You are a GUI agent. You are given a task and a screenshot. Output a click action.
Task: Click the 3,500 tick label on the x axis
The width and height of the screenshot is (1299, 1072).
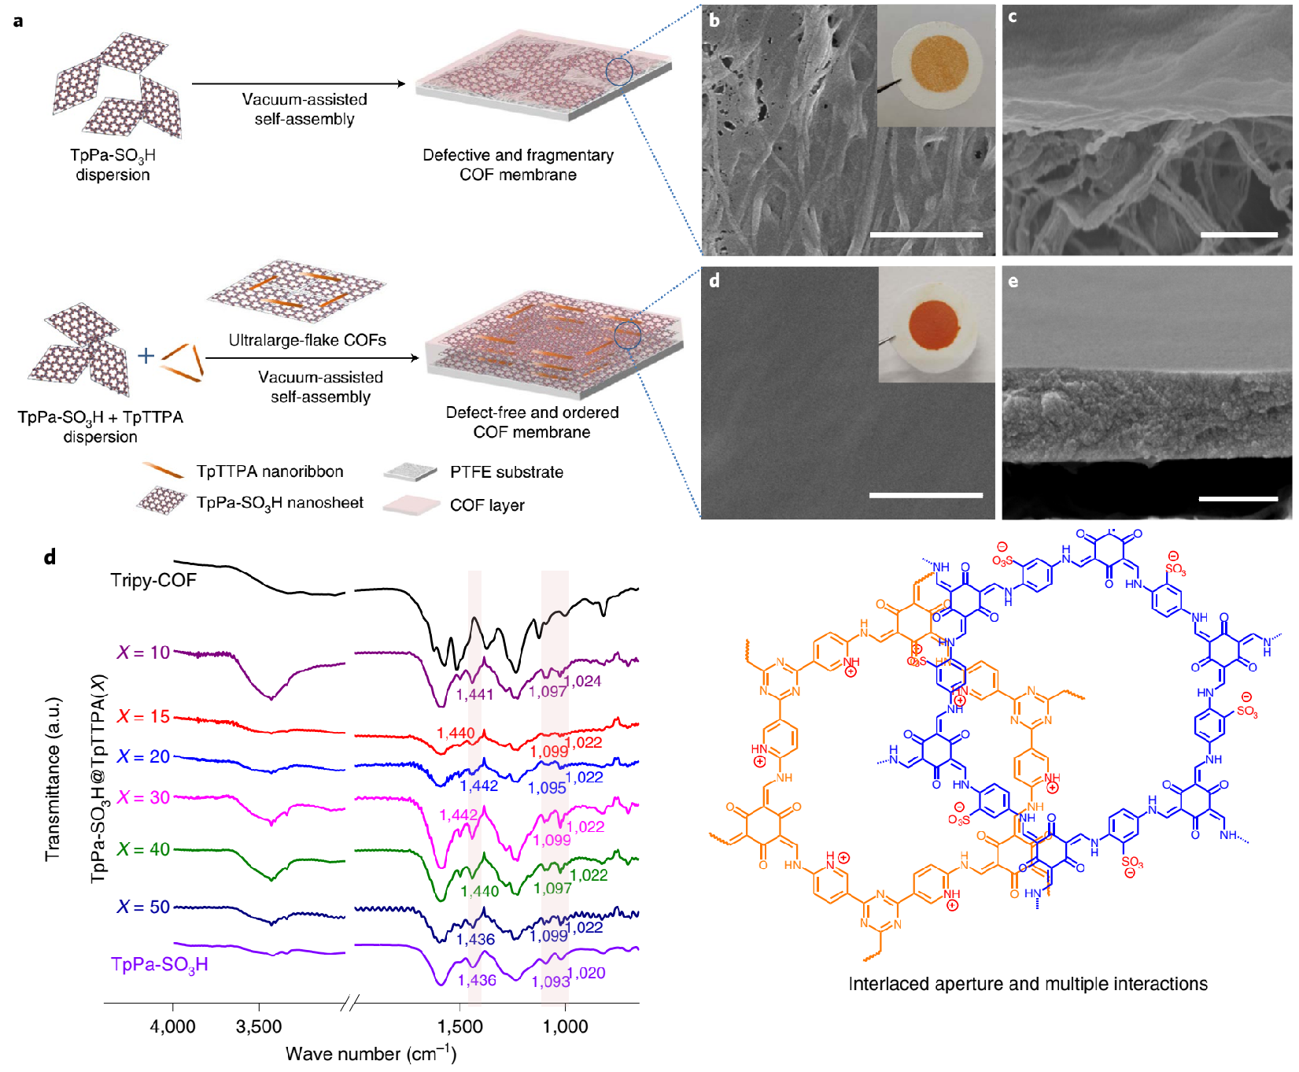pos(259,1026)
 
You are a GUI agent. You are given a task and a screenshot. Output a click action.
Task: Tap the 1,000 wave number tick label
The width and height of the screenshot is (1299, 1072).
pos(566,1026)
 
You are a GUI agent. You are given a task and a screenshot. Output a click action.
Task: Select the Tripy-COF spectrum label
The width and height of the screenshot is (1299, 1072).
pos(153,580)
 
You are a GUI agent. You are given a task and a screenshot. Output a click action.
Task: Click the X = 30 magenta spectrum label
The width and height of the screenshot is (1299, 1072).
pos(143,797)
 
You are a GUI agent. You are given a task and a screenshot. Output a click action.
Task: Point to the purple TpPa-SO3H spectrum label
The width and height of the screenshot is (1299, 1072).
pos(160,965)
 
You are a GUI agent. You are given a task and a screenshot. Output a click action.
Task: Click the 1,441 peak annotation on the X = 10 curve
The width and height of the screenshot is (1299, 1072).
pos(474,694)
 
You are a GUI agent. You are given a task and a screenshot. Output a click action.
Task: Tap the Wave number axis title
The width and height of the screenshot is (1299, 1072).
pos(371,1054)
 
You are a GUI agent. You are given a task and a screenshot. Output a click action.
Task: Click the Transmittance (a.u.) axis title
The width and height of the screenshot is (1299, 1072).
pos(53,778)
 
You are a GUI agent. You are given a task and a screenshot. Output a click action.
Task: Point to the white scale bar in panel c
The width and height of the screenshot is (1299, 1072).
pos(1239,235)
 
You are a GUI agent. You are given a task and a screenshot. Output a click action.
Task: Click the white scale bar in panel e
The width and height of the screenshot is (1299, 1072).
pos(1238,498)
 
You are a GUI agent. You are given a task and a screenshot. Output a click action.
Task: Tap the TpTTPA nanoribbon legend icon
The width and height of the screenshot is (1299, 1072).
pos(164,471)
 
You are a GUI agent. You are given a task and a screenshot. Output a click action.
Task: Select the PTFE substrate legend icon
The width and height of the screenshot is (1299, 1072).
pos(410,472)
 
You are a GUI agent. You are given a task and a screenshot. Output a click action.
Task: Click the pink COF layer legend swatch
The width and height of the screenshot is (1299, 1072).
pos(411,505)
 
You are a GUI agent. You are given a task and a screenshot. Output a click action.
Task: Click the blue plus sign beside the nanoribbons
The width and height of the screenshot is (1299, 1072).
pos(146,356)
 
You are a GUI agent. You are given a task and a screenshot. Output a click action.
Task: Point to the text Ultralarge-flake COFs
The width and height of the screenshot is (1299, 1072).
pos(307,340)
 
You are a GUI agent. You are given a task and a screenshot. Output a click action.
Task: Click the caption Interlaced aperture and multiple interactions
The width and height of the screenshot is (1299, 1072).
pos(1028,984)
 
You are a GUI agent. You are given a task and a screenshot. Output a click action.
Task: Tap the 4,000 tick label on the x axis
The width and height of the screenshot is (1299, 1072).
pos(173,1026)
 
